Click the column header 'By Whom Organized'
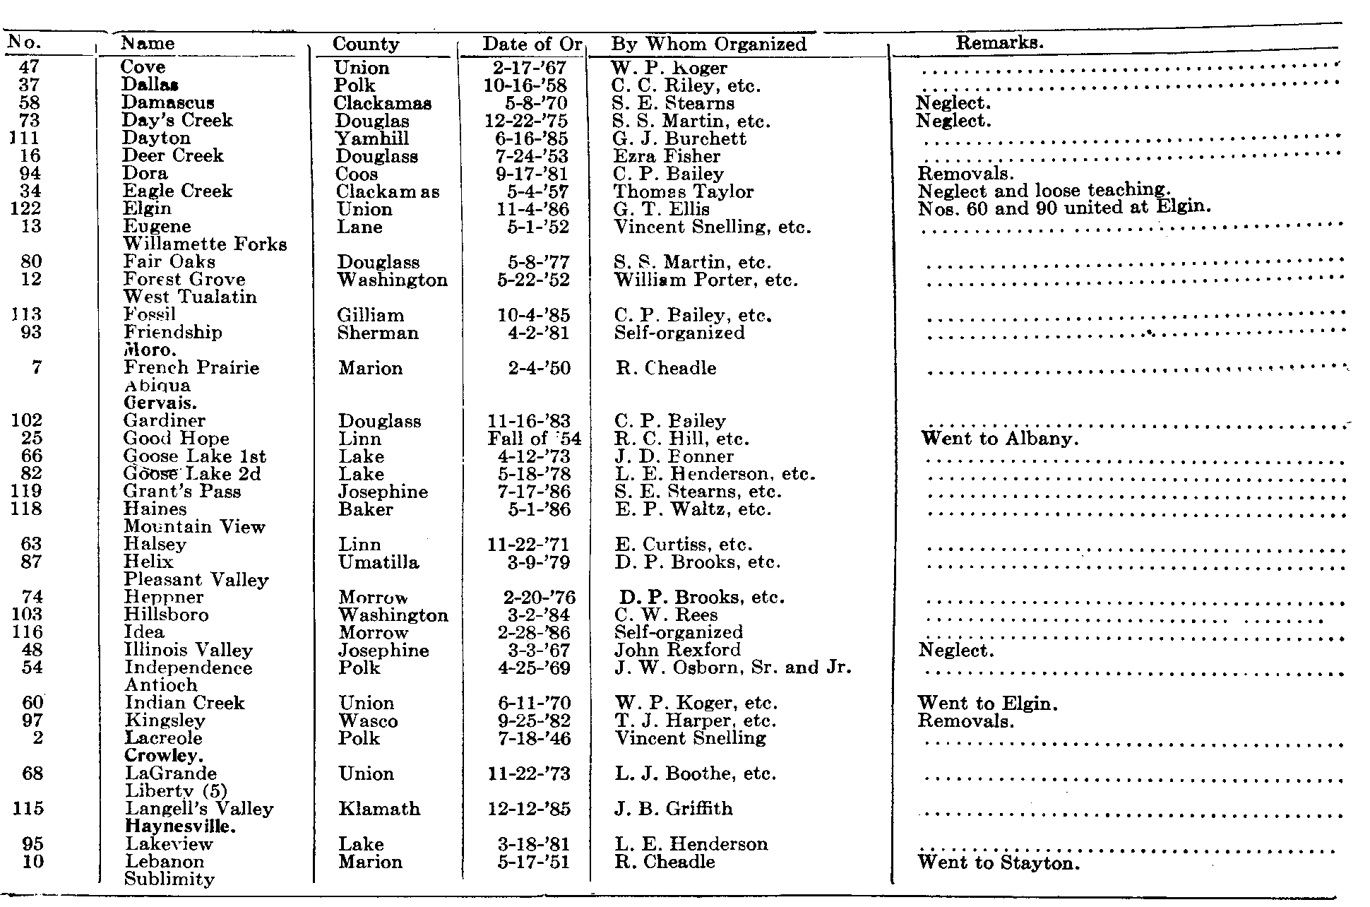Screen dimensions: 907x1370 pyautogui.click(x=708, y=45)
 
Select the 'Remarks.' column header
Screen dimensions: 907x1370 pyautogui.click(x=999, y=42)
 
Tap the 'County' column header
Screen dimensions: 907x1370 pyautogui.click(x=366, y=45)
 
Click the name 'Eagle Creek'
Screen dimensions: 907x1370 pyautogui.click(x=177, y=191)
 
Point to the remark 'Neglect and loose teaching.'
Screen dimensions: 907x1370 pyautogui.click(x=1044, y=191)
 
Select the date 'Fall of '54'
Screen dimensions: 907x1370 pyautogui.click(x=534, y=439)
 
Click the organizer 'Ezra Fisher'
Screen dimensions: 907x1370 pyautogui.click(x=667, y=156)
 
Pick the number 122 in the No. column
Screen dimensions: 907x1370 pyautogui.click(x=27, y=209)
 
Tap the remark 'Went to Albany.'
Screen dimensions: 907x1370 pyautogui.click(x=1000, y=439)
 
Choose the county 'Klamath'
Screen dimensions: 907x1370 pyautogui.click(x=379, y=809)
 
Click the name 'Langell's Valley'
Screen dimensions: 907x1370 pyautogui.click(x=199, y=809)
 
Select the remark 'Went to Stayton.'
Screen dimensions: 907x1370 pyautogui.click(x=999, y=862)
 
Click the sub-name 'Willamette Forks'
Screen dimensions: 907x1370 pyautogui.click(x=205, y=244)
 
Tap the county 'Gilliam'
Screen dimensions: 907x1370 pyautogui.click(x=371, y=315)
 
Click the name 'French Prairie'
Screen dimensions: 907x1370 pyautogui.click(x=191, y=368)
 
